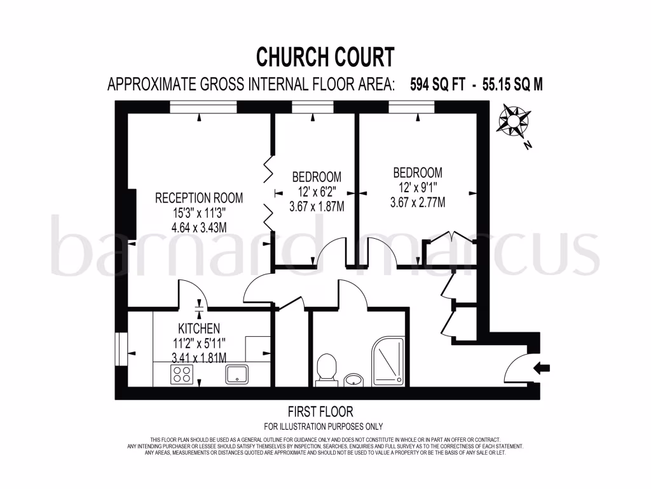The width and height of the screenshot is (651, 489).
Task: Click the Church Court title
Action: [x=325, y=57]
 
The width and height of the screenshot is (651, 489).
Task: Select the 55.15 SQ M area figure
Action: [x=512, y=84]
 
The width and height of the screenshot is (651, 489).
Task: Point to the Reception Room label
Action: [x=199, y=198]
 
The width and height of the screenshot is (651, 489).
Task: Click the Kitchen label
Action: [x=199, y=329]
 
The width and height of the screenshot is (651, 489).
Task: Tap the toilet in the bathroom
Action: [x=326, y=369]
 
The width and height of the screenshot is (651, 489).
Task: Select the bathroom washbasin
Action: [x=353, y=380]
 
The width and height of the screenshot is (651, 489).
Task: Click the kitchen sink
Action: [x=238, y=374]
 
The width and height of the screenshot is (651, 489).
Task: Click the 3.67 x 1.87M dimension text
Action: [x=317, y=206]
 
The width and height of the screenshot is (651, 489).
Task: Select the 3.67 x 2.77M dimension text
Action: [x=417, y=202]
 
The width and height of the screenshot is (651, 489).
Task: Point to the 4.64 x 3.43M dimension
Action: [x=199, y=227]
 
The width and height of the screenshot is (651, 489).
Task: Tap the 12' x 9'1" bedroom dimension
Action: [x=417, y=188]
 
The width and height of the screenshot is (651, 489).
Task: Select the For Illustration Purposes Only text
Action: [x=324, y=427]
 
